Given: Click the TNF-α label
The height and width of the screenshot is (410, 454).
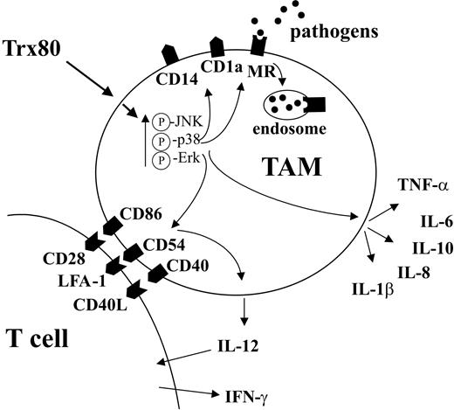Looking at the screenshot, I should pyautogui.click(x=398, y=186).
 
